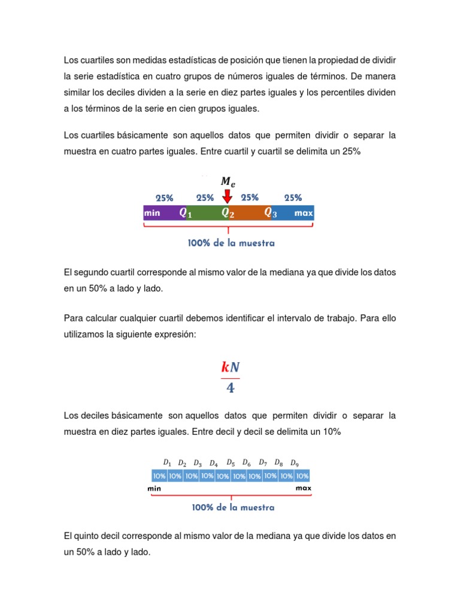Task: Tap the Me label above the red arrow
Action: point(228,181)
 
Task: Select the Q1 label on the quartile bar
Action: point(186,213)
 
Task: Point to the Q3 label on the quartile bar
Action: point(271,213)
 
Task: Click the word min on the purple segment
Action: point(152,213)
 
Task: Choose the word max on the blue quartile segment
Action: point(304,213)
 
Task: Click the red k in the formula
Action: point(225,368)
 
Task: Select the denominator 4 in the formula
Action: point(230,388)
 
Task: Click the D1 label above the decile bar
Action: point(167,462)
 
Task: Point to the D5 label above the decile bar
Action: point(231,462)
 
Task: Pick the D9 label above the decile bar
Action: point(294,463)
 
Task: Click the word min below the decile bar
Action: point(155,489)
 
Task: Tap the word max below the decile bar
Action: point(303,488)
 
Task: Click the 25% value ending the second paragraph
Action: point(351,152)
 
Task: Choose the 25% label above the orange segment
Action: point(250,197)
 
